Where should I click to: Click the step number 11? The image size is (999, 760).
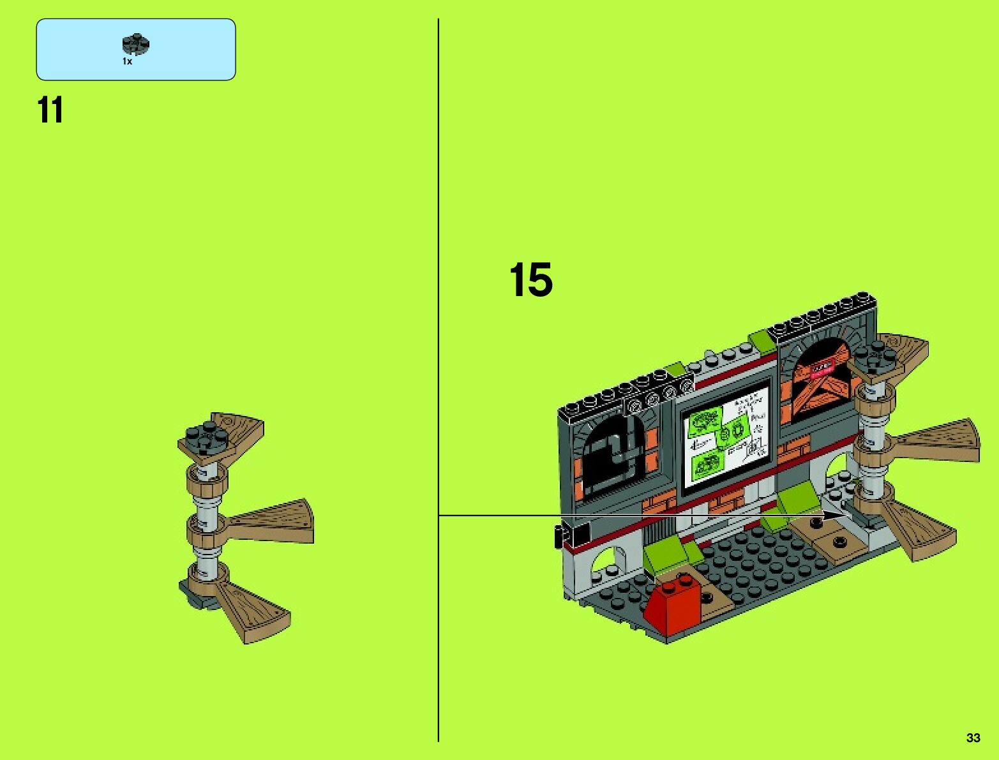pos(50,110)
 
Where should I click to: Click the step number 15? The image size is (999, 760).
pos(530,280)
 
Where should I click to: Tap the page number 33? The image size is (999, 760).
pos(973,738)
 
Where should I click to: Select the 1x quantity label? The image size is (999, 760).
pos(127,62)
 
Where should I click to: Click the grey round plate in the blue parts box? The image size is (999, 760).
pos(135,45)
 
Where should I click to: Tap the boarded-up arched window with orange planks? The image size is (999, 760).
pos(820,381)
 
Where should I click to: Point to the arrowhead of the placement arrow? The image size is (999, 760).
pos(836,515)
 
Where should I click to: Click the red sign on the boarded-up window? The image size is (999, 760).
pos(822,367)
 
